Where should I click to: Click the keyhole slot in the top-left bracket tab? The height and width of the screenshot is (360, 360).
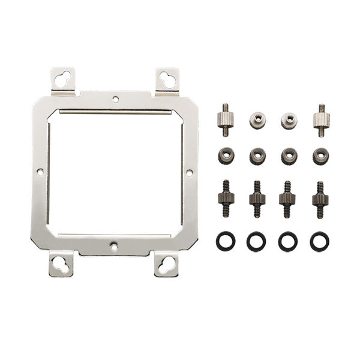click(x=63, y=78)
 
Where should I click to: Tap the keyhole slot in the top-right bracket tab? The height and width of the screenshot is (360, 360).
click(x=167, y=78)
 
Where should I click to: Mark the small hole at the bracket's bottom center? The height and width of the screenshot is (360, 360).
click(x=113, y=245)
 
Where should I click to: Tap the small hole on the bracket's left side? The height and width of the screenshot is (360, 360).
click(x=40, y=172)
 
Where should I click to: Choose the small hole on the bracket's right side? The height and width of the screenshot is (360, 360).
click(x=189, y=172)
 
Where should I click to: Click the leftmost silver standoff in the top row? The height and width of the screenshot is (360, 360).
click(x=226, y=119)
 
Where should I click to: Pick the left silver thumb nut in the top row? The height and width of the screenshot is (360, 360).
click(x=257, y=120)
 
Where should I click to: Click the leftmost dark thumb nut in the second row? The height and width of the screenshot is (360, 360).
click(x=226, y=156)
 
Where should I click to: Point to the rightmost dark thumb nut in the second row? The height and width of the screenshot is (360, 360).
click(x=320, y=156)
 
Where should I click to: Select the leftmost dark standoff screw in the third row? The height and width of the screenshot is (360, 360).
click(x=226, y=199)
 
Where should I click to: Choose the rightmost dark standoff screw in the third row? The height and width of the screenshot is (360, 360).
click(x=320, y=199)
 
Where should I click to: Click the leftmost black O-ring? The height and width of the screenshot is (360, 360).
click(x=225, y=241)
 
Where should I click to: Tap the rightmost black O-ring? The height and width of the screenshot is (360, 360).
click(x=319, y=241)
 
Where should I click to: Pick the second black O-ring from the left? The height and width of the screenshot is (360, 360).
click(x=256, y=241)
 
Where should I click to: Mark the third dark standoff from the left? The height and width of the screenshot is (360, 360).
click(x=287, y=199)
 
